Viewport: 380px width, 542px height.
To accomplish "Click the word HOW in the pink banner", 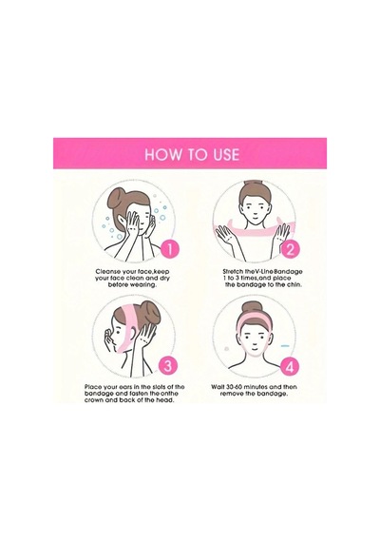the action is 160,154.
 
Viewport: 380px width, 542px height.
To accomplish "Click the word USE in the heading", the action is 224,154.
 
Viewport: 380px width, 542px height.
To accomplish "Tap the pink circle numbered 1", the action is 170,249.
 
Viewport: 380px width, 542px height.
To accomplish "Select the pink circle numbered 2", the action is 290,249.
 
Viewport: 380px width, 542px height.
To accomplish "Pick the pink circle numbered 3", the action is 168,365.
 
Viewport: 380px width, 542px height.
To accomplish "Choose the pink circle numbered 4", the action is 290,366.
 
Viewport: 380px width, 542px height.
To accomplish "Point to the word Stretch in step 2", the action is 233,271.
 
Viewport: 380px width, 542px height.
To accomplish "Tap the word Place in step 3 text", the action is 92,387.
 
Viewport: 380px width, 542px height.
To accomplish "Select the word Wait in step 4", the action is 218,387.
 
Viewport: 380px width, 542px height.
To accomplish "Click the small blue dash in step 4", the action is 285,346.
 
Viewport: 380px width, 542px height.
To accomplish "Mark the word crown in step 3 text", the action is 93,400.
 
